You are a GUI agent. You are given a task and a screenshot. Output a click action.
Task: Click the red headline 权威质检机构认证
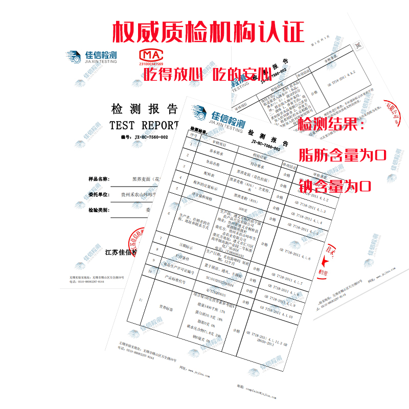click(x=208, y=31)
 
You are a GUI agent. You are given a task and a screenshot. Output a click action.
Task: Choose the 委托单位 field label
click(x=98, y=195)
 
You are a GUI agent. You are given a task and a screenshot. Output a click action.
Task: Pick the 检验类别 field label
click(x=98, y=210)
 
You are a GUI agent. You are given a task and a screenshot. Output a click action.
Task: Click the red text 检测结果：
click(x=332, y=124)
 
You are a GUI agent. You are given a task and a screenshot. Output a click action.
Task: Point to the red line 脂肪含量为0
click(x=342, y=154)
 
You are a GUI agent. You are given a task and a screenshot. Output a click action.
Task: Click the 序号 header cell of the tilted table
click(x=194, y=136)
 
